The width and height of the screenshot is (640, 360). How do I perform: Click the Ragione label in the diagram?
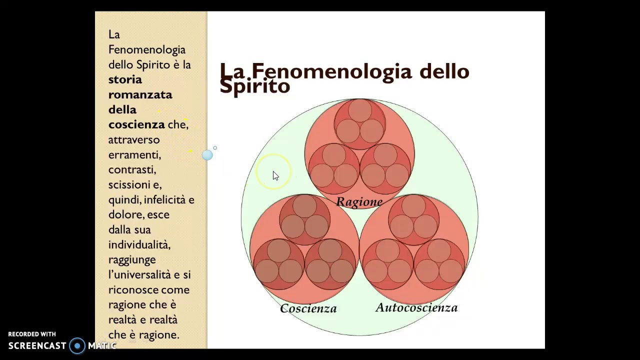click(359, 202)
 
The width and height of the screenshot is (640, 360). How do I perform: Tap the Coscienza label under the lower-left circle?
click(308, 308)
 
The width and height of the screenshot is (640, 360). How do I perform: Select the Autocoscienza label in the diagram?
click(416, 308)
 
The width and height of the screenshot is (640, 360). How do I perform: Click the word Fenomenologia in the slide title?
click(331, 71)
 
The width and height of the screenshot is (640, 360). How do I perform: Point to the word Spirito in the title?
click(254, 86)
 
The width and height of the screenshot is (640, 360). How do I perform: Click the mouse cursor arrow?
click(275, 175)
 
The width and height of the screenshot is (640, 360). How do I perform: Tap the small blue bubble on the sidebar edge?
click(207, 155)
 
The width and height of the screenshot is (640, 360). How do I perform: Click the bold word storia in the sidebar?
click(125, 79)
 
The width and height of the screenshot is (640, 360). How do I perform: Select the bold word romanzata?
click(140, 94)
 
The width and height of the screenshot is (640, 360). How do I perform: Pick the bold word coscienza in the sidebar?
click(136, 124)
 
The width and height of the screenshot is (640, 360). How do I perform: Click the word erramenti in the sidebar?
click(134, 154)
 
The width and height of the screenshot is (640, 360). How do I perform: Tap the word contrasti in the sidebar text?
click(132, 169)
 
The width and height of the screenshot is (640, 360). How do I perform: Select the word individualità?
click(139, 244)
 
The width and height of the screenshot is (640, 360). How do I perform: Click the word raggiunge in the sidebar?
click(132, 259)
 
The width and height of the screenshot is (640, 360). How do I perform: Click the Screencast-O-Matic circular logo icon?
click(77, 345)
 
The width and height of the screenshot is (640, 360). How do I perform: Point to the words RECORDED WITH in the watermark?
click(32, 334)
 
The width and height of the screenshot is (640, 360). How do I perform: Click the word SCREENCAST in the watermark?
click(37, 345)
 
